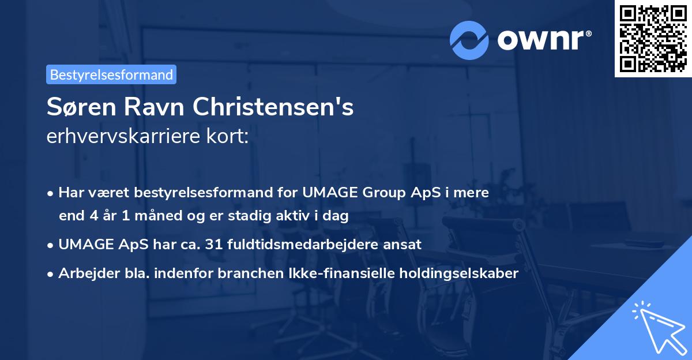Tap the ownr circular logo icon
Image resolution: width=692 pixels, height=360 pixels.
pyautogui.click(x=470, y=39)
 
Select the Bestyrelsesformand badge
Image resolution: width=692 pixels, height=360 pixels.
pyautogui.click(x=111, y=74)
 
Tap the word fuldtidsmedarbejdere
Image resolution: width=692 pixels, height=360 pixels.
pyautogui.click(x=317, y=244)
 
